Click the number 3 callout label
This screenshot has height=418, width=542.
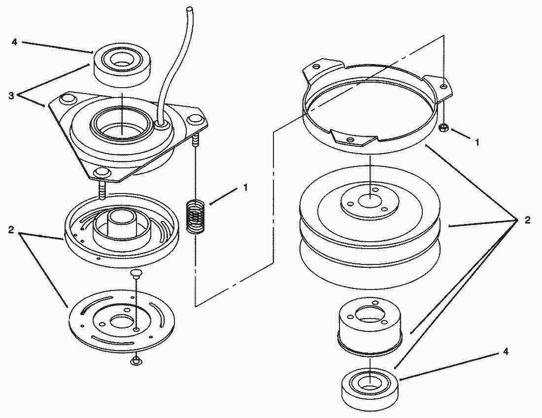click(x=11, y=96)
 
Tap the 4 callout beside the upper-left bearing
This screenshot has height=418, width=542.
click(x=14, y=42)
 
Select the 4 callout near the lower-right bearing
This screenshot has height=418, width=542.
click(x=506, y=352)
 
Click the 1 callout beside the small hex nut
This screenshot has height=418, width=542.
click(x=477, y=142)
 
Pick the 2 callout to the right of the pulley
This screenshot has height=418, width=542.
click(x=527, y=220)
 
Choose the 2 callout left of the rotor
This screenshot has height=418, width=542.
click(x=11, y=229)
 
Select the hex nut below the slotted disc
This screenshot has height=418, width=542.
click(x=135, y=361)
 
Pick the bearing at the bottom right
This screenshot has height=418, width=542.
click(x=370, y=389)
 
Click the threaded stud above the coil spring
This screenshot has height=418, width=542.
click(x=196, y=140)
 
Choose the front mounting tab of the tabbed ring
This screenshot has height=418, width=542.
click(x=353, y=138)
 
